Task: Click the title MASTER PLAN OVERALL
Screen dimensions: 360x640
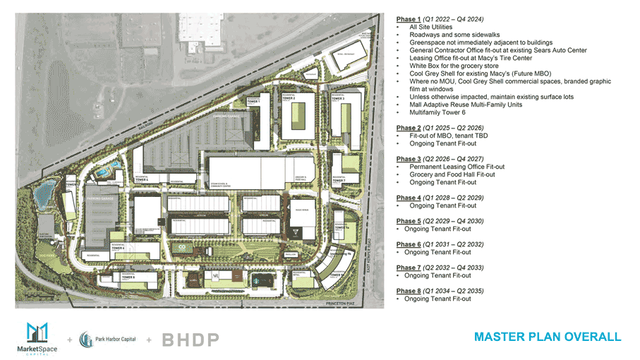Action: click(x=548, y=337)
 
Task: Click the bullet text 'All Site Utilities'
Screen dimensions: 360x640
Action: click(x=435, y=27)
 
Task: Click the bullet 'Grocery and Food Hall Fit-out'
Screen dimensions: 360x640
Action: click(x=452, y=174)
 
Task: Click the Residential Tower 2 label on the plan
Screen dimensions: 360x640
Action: click(x=289, y=98)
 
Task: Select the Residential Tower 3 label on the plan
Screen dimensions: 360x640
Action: click(x=339, y=98)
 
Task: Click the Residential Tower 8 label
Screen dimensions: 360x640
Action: click(x=128, y=277)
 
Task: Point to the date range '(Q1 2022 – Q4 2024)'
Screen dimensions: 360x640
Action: click(x=452, y=19)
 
